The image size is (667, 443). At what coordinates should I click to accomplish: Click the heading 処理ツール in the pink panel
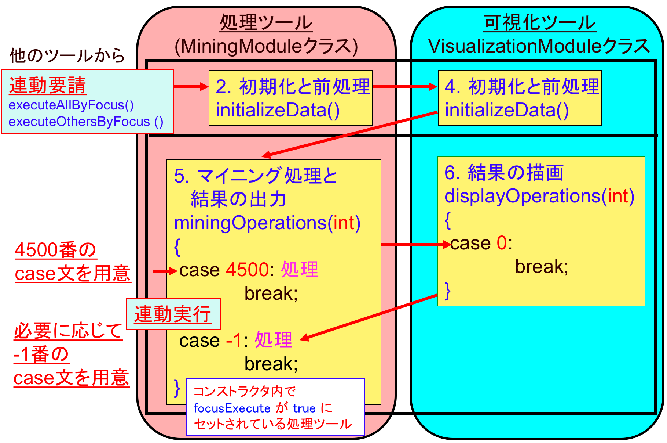[x=266, y=23]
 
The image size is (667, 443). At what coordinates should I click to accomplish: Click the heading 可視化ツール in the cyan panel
[x=539, y=23]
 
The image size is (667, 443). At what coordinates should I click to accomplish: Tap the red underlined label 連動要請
[x=48, y=86]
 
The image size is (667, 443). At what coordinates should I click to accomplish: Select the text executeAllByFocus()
[x=71, y=105]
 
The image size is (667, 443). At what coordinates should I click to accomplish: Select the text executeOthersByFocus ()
[x=86, y=122]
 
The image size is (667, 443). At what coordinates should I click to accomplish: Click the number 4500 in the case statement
[x=248, y=270]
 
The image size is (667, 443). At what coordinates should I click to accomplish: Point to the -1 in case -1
[x=234, y=341]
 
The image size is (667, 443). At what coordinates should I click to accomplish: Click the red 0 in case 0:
[x=502, y=243]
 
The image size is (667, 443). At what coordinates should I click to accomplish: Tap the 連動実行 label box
[x=173, y=314]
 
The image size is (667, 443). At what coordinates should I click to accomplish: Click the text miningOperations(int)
[x=267, y=223]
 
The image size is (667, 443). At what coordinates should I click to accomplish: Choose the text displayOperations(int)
[x=539, y=196]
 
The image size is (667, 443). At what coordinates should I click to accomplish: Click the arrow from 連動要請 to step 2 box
[x=191, y=87]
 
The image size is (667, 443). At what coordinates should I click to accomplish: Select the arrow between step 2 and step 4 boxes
[x=405, y=87]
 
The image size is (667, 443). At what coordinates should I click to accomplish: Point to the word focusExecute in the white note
[x=232, y=408]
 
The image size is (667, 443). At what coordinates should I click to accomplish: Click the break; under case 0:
[x=542, y=267]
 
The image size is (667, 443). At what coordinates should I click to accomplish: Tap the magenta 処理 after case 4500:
[x=300, y=270]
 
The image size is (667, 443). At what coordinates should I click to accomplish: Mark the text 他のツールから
[x=67, y=56]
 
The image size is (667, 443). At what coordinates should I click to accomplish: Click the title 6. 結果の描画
[x=504, y=173]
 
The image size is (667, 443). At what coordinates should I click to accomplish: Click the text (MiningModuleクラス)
[x=266, y=47]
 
